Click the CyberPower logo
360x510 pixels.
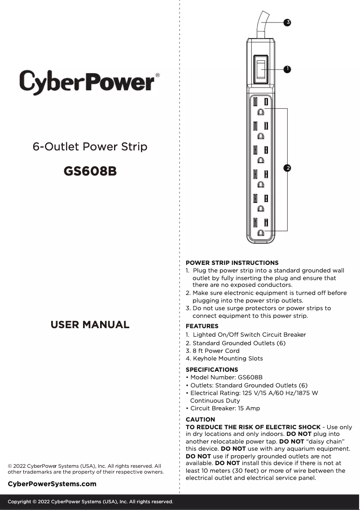pos(87,82)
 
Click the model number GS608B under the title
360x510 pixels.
pos(90,171)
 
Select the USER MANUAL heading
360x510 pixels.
pos(90,325)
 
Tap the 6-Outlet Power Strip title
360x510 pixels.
pos(90,147)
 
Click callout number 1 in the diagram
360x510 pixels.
pos(287,69)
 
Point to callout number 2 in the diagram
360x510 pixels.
pos(287,168)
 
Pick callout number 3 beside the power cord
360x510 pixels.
pos(287,22)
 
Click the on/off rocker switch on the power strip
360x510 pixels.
pos(260,70)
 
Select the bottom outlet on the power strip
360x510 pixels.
pos(260,227)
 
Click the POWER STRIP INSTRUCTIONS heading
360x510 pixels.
pos(232,263)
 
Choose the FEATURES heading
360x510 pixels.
pos(202,326)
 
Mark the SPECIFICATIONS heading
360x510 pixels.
pos(212,369)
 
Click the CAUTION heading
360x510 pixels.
pos(200,419)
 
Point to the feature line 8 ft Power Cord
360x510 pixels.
pos(212,351)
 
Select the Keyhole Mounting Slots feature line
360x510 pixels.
pos(224,358)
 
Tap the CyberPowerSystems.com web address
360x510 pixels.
pos(52,484)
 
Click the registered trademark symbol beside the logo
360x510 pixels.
pos(157,75)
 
